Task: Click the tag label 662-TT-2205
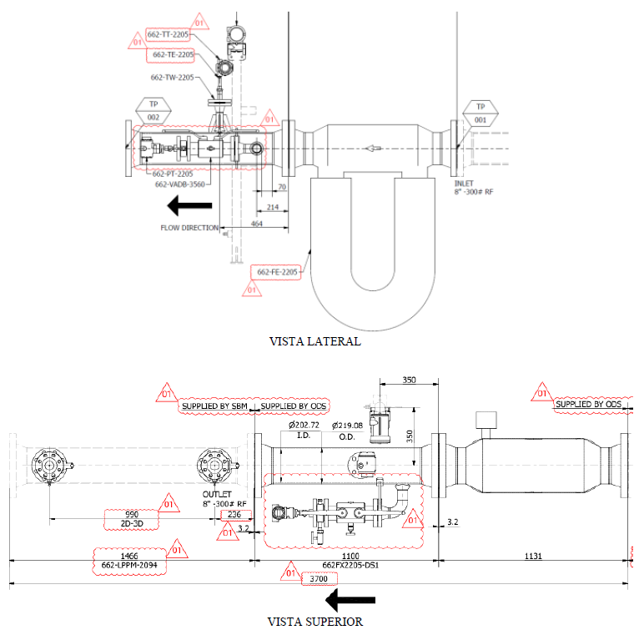[168, 34]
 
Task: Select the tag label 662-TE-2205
[173, 54]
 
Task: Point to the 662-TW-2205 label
[172, 78]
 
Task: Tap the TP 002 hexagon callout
[153, 110]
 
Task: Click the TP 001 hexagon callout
[481, 113]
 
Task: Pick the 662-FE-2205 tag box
[277, 272]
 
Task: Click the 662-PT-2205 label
[173, 174]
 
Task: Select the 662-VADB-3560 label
[179, 184]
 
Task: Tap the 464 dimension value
[257, 224]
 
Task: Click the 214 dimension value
[273, 207]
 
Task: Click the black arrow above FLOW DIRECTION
[189, 205]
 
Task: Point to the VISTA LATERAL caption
[315, 341]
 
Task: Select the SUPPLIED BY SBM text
[214, 406]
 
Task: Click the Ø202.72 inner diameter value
[304, 426]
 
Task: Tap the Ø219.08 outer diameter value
[347, 426]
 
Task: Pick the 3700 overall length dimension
[319, 579]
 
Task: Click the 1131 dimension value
[533, 556]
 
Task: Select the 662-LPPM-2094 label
[129, 565]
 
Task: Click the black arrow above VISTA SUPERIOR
[350, 600]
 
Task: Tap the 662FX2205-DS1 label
[350, 565]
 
